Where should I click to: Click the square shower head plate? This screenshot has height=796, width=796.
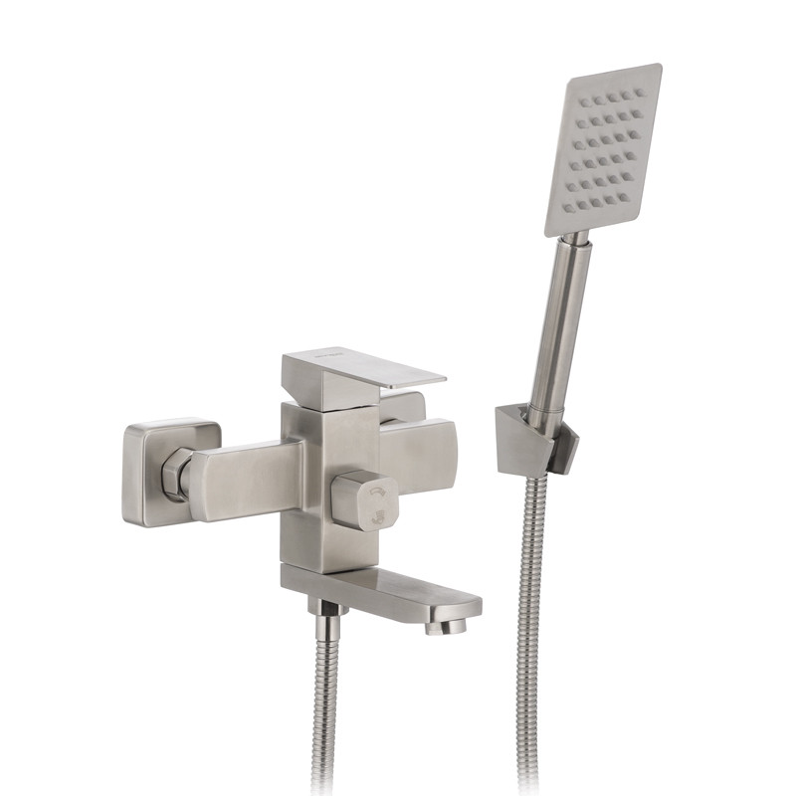[x=602, y=149]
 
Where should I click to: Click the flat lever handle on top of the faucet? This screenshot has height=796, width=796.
[x=363, y=370]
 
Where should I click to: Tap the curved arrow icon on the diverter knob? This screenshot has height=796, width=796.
[x=377, y=492]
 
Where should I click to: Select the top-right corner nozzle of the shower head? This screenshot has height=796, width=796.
[x=638, y=94]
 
